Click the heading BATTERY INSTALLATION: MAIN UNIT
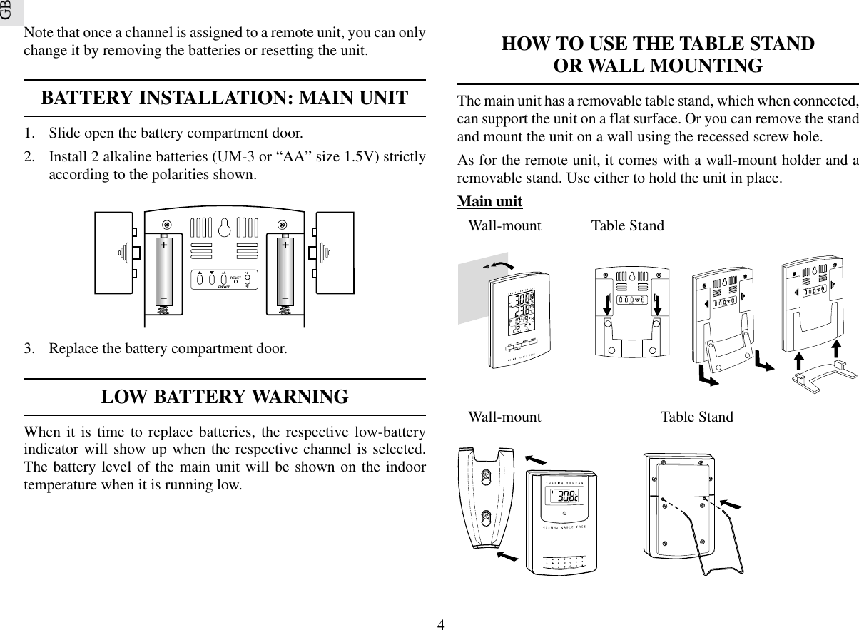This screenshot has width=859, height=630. point(225,98)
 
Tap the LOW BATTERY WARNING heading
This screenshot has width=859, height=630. point(225,397)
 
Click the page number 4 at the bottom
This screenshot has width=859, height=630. point(442,625)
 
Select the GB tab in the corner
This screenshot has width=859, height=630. point(7,10)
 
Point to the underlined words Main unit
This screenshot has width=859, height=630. point(489,202)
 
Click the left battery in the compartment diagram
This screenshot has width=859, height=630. point(164,271)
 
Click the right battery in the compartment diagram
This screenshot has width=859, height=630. point(285,271)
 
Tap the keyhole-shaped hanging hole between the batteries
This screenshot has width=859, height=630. point(225,228)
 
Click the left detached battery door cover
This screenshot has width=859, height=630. point(115,253)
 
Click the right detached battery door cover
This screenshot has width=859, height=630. point(335,253)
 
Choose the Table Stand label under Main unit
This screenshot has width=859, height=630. point(627,226)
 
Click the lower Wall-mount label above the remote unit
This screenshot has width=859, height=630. point(504,417)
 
